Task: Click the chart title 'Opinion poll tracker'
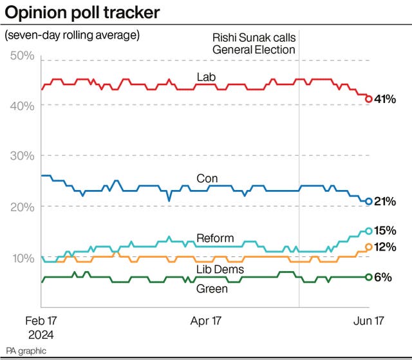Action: [x=82, y=12]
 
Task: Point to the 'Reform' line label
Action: [x=215, y=238]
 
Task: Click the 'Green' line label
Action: [x=212, y=289]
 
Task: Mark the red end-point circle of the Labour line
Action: [x=369, y=99]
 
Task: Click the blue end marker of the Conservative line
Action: [x=369, y=202]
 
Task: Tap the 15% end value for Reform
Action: [x=385, y=231]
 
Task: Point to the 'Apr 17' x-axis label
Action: [x=207, y=320]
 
